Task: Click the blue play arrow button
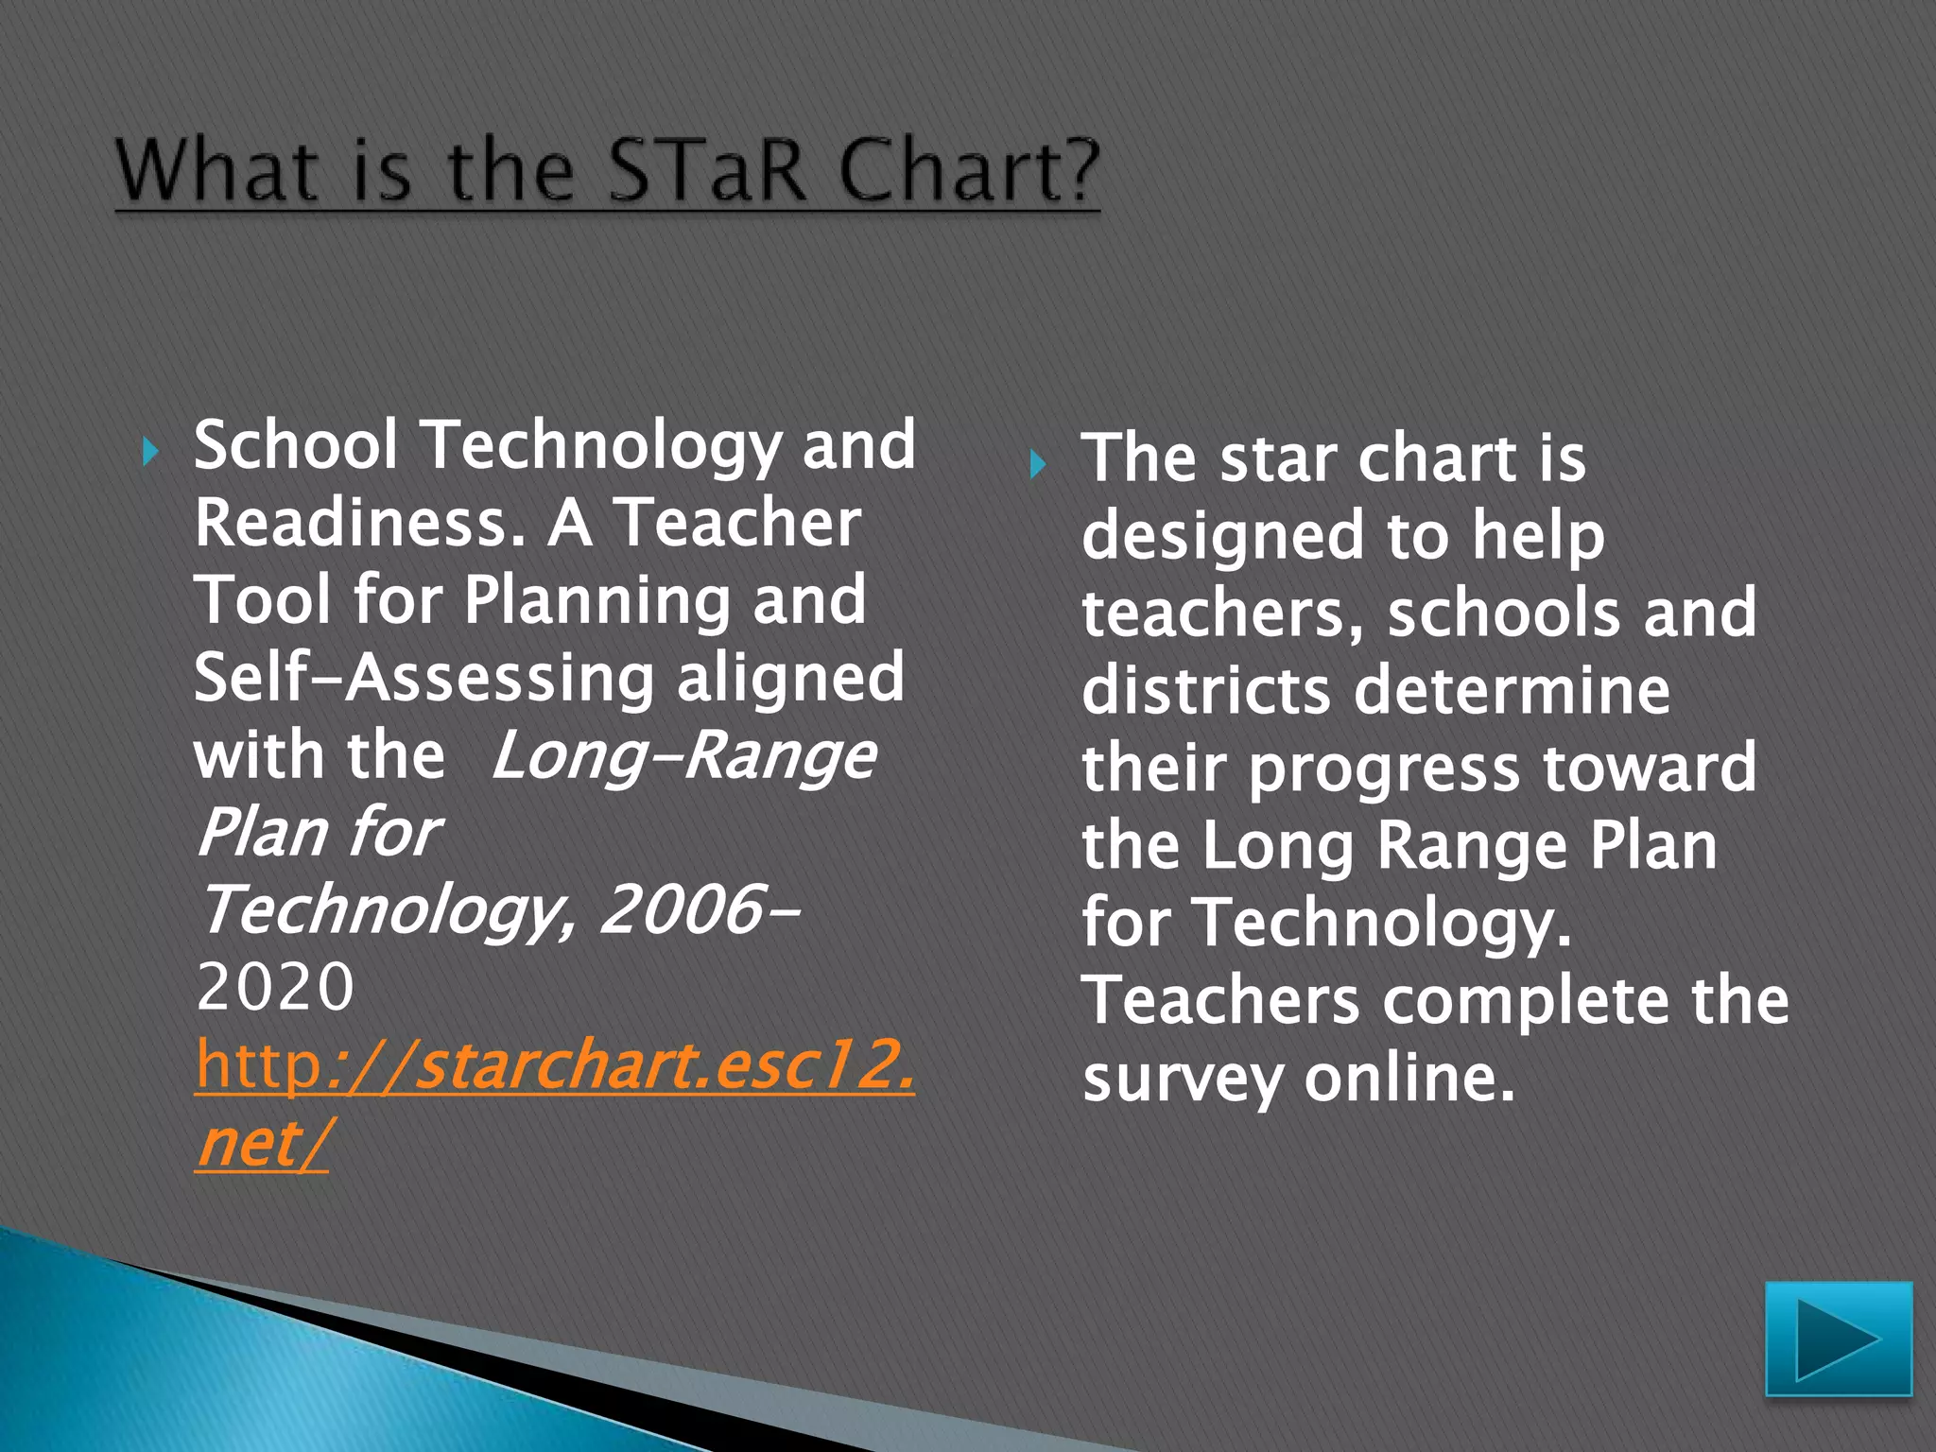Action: tap(1838, 1339)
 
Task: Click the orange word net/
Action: tap(262, 1143)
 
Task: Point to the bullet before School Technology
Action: tap(150, 452)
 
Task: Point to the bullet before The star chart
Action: tap(1037, 464)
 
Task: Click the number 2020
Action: tap(275, 988)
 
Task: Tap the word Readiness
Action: tap(359, 523)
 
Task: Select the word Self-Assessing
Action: tap(423, 678)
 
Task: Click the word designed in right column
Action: tap(1222, 536)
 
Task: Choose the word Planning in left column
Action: tap(596, 601)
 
